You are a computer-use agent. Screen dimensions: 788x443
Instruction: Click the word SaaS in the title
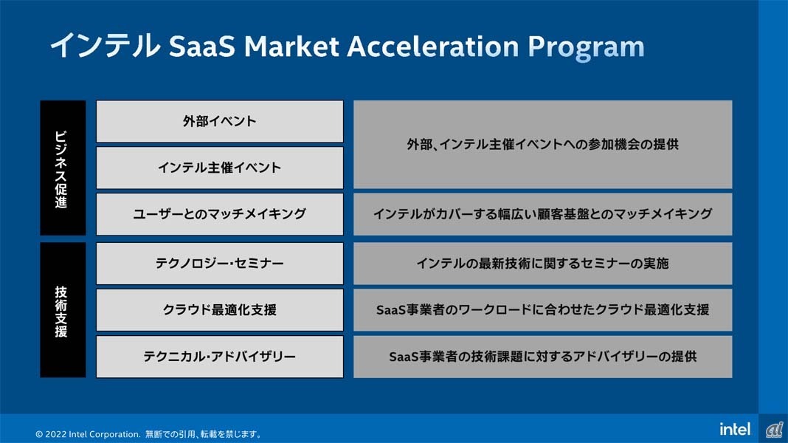(x=201, y=47)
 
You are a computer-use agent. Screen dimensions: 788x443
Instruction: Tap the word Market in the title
(x=291, y=47)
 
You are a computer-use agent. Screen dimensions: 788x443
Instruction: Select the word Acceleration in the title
(x=432, y=47)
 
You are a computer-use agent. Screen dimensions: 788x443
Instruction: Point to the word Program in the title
(x=586, y=48)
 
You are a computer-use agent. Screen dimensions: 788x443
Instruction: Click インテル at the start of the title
(x=105, y=46)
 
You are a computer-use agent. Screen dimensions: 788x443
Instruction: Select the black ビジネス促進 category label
(x=63, y=168)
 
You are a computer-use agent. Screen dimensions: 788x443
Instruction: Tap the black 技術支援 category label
(x=63, y=310)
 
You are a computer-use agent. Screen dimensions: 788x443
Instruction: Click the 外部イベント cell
(x=220, y=121)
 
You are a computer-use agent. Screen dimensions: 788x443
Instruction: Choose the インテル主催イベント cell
(x=220, y=168)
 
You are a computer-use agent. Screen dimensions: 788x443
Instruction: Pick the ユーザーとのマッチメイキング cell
(x=220, y=213)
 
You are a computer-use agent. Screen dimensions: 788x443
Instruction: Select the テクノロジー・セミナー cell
(x=220, y=264)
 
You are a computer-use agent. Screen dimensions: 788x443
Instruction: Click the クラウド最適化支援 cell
(x=220, y=310)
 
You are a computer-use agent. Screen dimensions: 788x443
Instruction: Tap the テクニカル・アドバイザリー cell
(x=220, y=357)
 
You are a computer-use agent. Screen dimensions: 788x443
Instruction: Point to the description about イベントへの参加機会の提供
(x=543, y=144)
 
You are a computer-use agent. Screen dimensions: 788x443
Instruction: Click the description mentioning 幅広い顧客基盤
(x=543, y=213)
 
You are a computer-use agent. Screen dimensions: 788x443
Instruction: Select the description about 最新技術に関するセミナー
(x=543, y=264)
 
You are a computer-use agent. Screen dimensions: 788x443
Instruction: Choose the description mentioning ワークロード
(x=543, y=310)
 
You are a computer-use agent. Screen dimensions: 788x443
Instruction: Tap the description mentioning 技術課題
(x=543, y=357)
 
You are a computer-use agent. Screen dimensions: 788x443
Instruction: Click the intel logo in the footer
(x=735, y=429)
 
